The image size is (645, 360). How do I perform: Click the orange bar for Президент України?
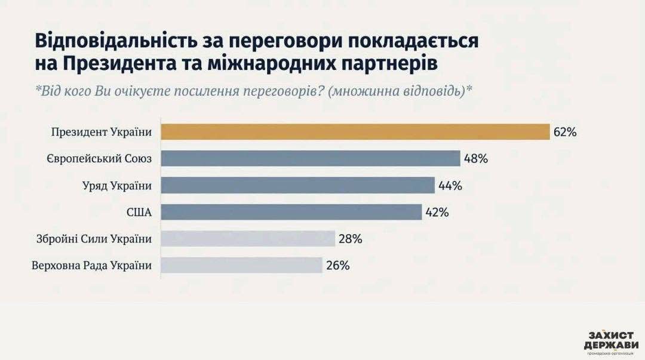tap(355, 132)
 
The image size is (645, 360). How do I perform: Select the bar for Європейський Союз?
tap(311, 159)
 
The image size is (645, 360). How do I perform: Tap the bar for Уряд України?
tap(298, 186)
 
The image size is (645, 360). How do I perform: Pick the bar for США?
tap(291, 212)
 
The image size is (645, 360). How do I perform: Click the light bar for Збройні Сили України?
tap(248, 239)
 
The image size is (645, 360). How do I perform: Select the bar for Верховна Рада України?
tap(242, 265)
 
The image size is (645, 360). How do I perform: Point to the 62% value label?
tap(565, 132)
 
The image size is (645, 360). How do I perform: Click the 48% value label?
tap(477, 159)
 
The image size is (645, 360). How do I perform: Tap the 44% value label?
tap(450, 186)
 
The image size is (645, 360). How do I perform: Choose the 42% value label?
tap(437, 212)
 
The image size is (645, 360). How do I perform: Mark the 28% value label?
tap(351, 239)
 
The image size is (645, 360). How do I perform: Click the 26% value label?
tap(337, 265)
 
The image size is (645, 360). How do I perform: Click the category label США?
tap(140, 212)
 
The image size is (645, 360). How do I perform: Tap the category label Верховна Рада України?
tap(91, 265)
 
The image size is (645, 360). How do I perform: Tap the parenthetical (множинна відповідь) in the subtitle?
tap(396, 91)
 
